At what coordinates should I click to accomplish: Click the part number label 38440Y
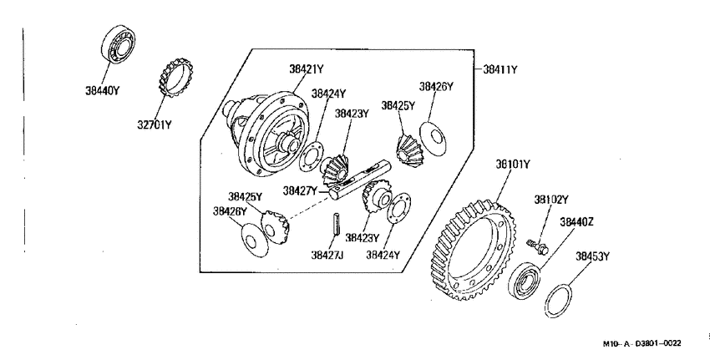(102, 90)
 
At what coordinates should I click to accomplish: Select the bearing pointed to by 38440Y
(118, 43)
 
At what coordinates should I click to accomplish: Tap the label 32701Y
(155, 124)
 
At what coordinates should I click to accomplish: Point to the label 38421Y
(307, 69)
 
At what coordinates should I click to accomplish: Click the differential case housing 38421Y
(267, 134)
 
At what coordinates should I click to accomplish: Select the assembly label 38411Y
(500, 69)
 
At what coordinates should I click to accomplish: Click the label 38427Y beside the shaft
(300, 190)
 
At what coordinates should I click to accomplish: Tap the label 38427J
(327, 256)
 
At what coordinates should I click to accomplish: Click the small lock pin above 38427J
(337, 224)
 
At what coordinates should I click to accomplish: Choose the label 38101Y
(512, 165)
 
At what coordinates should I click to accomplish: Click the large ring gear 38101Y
(472, 251)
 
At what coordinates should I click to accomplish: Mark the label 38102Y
(551, 200)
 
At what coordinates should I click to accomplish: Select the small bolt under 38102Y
(537, 246)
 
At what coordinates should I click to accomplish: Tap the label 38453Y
(592, 256)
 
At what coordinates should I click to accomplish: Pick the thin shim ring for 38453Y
(557, 302)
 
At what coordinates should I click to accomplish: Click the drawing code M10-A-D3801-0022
(642, 343)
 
